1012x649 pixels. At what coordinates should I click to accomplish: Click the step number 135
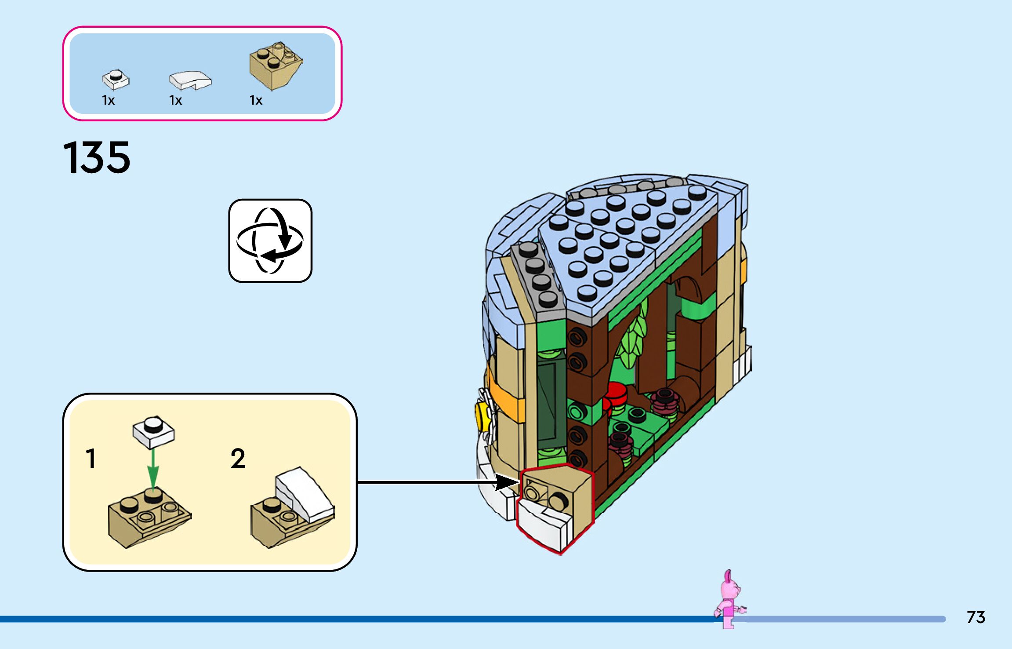tap(97, 157)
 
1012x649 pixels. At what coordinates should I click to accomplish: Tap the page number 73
tap(976, 617)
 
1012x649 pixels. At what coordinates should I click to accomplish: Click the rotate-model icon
tap(270, 241)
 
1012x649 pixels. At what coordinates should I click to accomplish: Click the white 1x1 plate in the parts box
tap(116, 80)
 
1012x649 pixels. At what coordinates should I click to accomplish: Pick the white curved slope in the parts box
tap(190, 80)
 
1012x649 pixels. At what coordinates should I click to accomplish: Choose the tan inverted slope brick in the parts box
tap(275, 66)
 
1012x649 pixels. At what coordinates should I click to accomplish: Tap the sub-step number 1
tap(91, 459)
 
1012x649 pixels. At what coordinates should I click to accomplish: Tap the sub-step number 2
tap(238, 459)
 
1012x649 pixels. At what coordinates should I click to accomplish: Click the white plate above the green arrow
tap(153, 430)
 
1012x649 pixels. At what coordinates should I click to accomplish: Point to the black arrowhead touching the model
tap(508, 482)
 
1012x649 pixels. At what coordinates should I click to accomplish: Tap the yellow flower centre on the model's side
tap(482, 415)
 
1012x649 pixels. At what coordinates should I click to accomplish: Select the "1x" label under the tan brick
tap(256, 101)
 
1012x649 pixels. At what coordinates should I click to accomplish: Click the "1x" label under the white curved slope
tap(175, 101)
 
